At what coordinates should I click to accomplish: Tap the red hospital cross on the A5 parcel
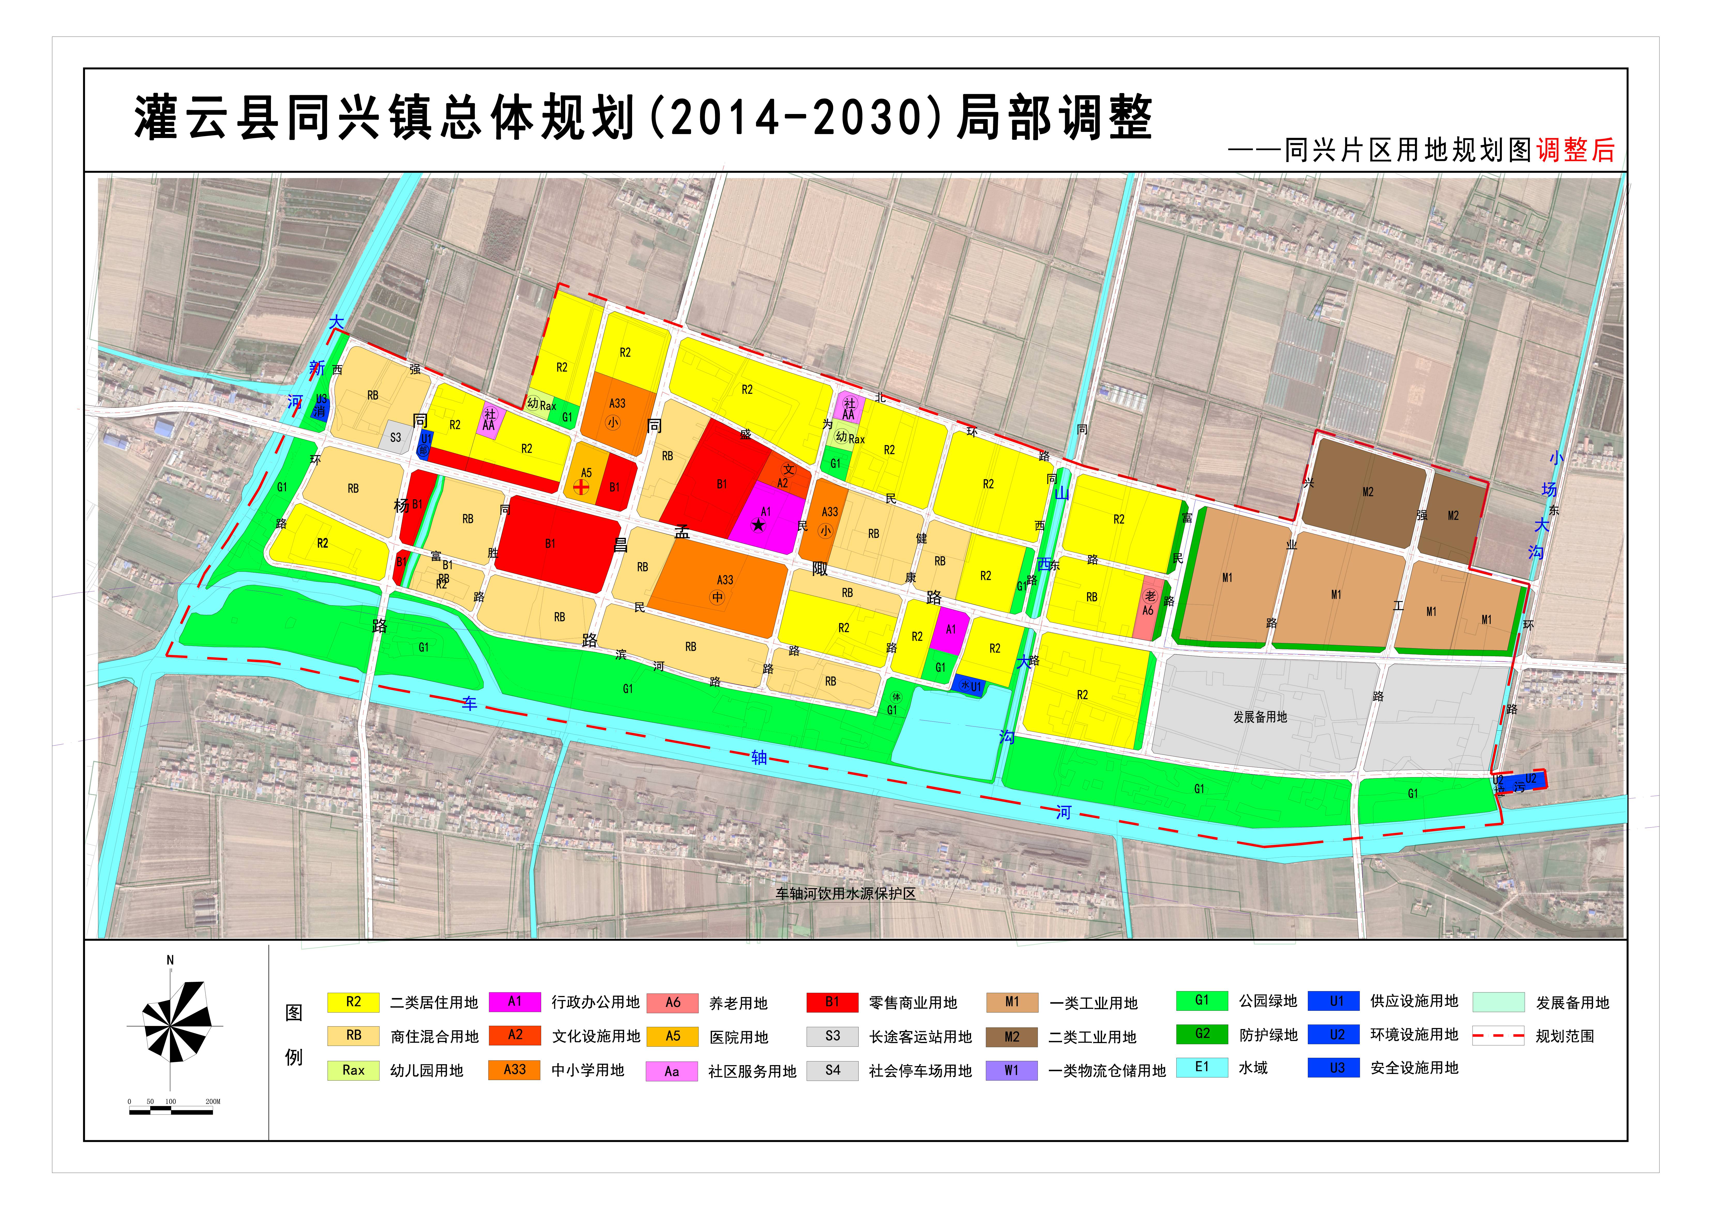(x=581, y=487)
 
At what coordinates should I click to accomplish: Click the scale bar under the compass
(x=171, y=1111)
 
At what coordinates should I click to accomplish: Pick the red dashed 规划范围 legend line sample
(x=1498, y=1036)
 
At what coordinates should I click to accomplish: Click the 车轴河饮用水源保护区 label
(x=846, y=894)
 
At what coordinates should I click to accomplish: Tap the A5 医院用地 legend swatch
(x=673, y=1036)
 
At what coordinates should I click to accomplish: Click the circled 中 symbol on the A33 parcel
(x=717, y=597)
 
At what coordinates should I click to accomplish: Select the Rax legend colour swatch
(x=353, y=1070)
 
